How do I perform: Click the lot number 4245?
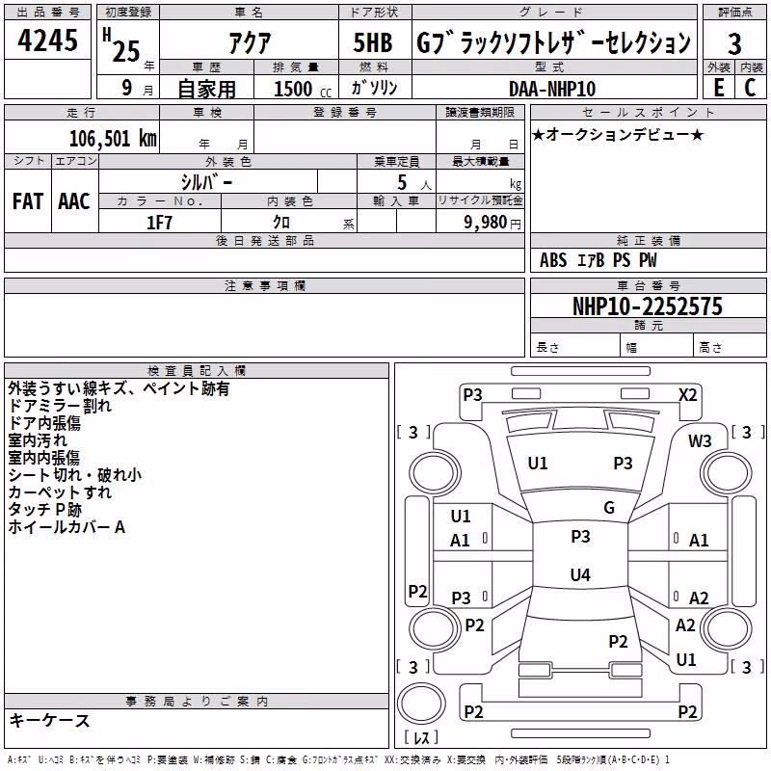point(47,40)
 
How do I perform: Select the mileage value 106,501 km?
point(113,139)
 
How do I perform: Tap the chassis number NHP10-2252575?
point(648,306)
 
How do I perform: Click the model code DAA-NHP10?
point(552,89)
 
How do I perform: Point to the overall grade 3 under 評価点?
point(734,44)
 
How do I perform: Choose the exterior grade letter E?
point(719,88)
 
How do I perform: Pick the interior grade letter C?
point(750,88)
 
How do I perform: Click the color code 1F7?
point(159,223)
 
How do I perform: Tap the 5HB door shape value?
point(373,42)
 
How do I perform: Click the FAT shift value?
point(28,201)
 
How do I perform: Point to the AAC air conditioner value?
point(74,201)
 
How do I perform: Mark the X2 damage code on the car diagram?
point(687,395)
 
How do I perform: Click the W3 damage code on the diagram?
point(700,440)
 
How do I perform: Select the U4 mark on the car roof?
point(580,574)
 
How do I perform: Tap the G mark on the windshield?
point(609,507)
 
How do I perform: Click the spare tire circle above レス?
point(421,704)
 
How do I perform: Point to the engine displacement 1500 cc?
point(303,89)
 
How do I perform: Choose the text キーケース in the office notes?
point(49,720)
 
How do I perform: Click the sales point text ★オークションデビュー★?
point(618,134)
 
